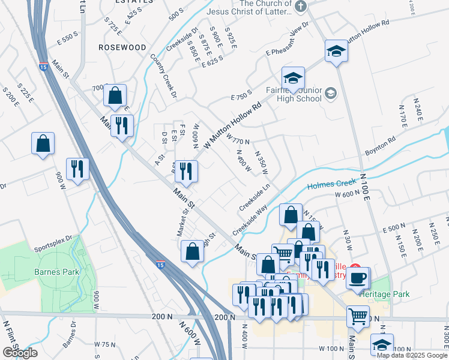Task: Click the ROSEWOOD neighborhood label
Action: pos(122,47)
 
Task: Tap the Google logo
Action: pos(20,352)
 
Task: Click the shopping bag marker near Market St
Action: pos(192,252)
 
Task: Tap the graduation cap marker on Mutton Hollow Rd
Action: pos(336,52)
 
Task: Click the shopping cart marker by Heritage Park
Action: pos(358,316)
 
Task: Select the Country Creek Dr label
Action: pos(164,76)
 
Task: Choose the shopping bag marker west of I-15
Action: pos(43,144)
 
